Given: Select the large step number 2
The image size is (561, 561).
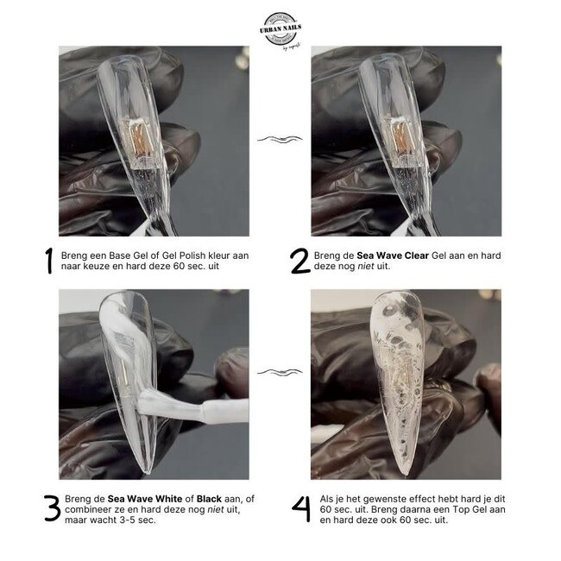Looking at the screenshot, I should pyautogui.click(x=299, y=262).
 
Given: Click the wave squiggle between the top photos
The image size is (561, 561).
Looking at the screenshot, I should pyautogui.click(x=280, y=139).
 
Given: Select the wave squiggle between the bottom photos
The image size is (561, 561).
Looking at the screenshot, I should pyautogui.click(x=280, y=372).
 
